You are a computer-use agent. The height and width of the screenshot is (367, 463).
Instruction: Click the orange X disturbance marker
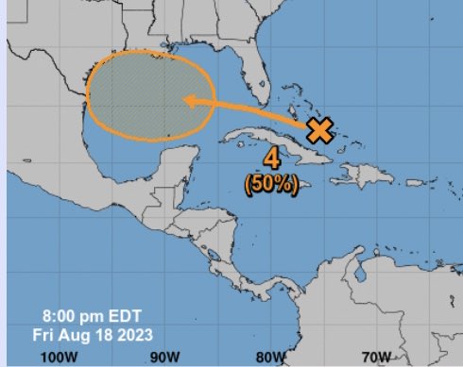click(321, 130)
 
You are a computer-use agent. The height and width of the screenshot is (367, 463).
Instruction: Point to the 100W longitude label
click(60, 358)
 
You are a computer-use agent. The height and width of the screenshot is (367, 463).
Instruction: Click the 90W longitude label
click(164, 358)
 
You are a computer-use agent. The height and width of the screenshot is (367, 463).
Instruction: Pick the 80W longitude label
click(270, 358)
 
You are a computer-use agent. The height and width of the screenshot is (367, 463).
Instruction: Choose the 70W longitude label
click(377, 358)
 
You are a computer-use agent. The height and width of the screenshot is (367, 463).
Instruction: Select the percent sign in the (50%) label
click(290, 186)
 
